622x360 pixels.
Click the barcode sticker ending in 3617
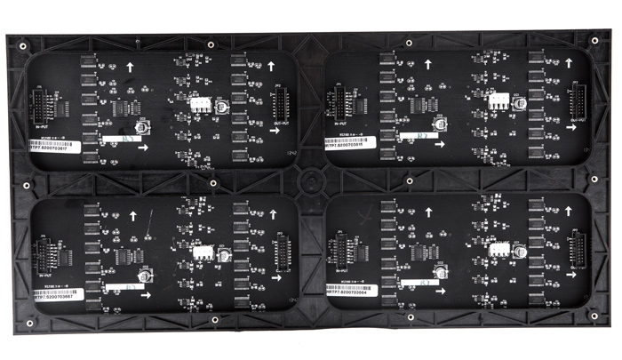click(54, 152)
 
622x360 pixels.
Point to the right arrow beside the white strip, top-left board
click(144, 147)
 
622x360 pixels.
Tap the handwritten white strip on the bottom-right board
click(424, 282)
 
